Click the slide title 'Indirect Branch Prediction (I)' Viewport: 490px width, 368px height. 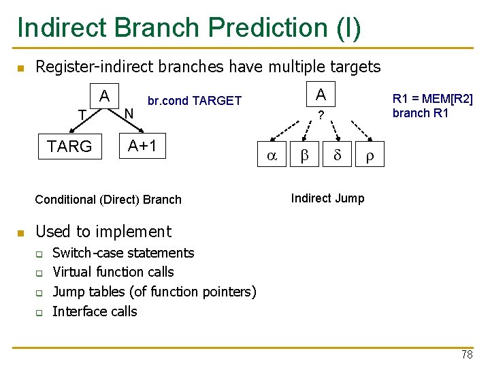189,27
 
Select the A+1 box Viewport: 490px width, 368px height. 143,144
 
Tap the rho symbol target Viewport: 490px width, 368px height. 370,156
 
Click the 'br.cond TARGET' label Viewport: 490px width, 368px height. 195,101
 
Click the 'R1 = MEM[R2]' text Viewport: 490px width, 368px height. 432,99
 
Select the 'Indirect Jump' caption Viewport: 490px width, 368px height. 327,198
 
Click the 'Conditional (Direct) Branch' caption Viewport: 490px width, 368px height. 108,200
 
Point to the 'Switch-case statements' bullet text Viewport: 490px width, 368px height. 123,253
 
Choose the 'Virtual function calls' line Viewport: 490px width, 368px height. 113,272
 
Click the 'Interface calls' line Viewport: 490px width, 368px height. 95,311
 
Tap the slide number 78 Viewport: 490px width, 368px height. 466,354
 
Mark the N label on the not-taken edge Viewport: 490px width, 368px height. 131,112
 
